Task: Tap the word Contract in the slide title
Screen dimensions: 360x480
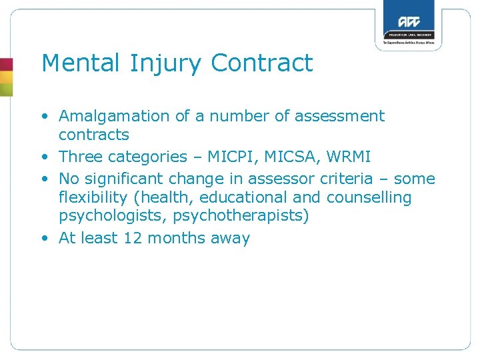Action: click(262, 63)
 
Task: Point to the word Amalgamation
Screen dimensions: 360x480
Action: click(114, 116)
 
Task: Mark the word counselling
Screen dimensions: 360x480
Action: click(368, 197)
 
